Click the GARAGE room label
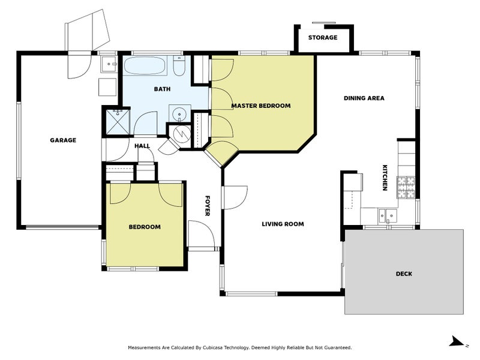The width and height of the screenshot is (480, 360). tap(62, 140)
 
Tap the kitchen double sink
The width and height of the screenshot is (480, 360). tap(387, 214)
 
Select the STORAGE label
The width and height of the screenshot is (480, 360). tap(323, 37)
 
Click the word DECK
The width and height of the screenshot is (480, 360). tap(403, 274)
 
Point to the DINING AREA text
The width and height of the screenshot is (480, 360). tap(364, 98)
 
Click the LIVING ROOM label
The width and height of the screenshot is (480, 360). tap(283, 224)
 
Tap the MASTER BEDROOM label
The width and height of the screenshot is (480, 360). tap(261, 106)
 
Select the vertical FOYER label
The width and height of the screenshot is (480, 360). tap(207, 205)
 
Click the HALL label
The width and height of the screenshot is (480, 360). tap(142, 145)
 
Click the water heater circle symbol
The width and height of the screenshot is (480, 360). tap(178, 133)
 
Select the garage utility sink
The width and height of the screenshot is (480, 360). tap(109, 62)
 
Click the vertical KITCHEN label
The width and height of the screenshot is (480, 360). tap(385, 178)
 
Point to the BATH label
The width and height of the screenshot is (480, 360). tap(162, 89)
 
